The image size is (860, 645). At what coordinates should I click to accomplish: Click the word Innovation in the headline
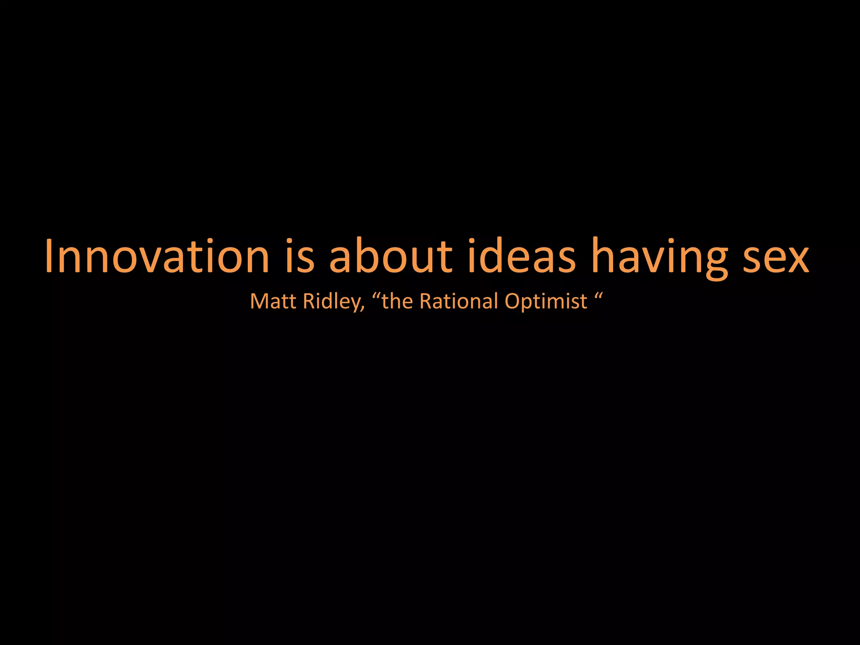pyautogui.click(x=157, y=256)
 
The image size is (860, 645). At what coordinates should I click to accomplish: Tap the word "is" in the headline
pyautogui.click(x=299, y=256)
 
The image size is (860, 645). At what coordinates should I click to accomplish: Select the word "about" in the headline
pyautogui.click(x=391, y=256)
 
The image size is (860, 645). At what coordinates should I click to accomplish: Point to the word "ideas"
pyautogui.click(x=522, y=256)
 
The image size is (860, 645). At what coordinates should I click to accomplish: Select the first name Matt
pyautogui.click(x=273, y=301)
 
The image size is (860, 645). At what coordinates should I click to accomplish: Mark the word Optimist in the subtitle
pyautogui.click(x=546, y=302)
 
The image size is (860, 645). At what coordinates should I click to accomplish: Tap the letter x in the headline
pyautogui.click(x=796, y=260)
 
